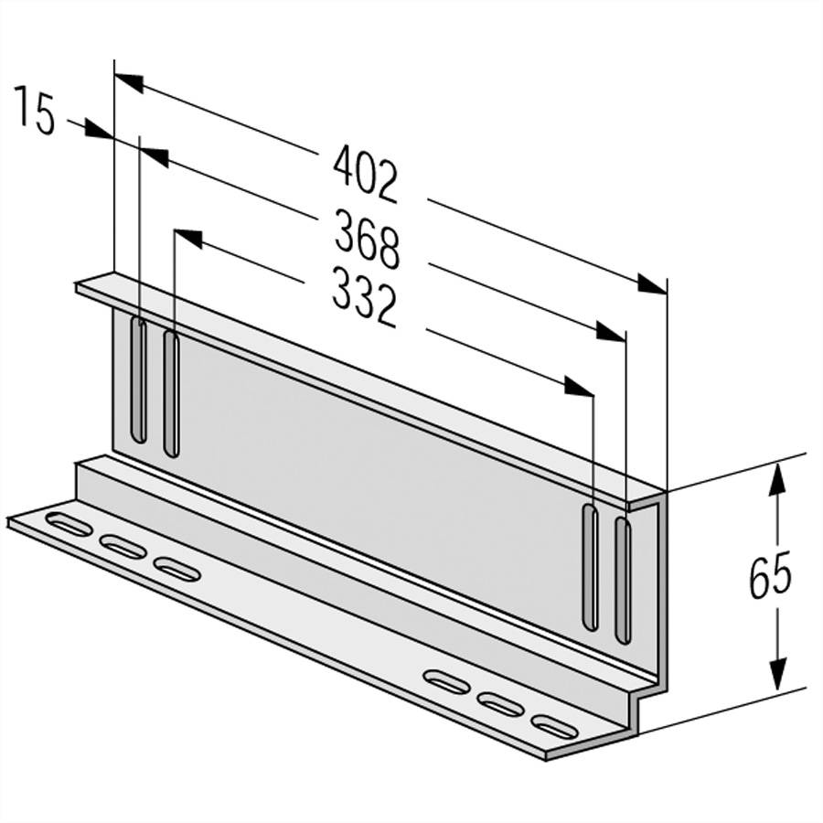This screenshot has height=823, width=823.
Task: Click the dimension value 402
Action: tap(366, 173)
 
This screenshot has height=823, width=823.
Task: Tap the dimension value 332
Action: tap(363, 300)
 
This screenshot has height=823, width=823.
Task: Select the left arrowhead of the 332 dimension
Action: tap(187, 237)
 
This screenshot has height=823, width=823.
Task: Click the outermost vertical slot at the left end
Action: tap(138, 379)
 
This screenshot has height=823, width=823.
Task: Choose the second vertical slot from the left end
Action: tap(170, 393)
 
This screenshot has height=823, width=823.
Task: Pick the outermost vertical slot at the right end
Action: tap(623, 580)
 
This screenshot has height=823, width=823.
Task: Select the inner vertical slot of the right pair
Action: tap(591, 567)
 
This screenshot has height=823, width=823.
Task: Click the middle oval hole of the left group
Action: tap(123, 547)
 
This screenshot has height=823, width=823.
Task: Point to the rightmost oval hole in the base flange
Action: tap(555, 728)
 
